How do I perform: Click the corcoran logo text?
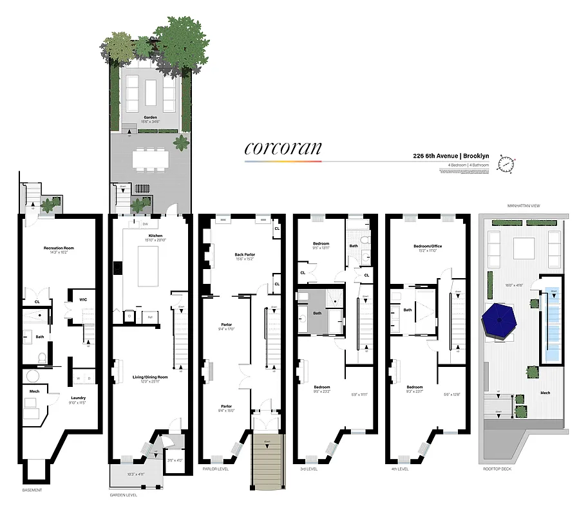283,147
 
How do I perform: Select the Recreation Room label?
57,248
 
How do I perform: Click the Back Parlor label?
244,255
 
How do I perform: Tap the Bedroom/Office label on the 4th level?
428,247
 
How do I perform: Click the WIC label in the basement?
83,299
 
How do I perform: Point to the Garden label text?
150,117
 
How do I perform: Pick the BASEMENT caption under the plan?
32,491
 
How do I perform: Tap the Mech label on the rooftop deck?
545,393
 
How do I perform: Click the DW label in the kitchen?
146,225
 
